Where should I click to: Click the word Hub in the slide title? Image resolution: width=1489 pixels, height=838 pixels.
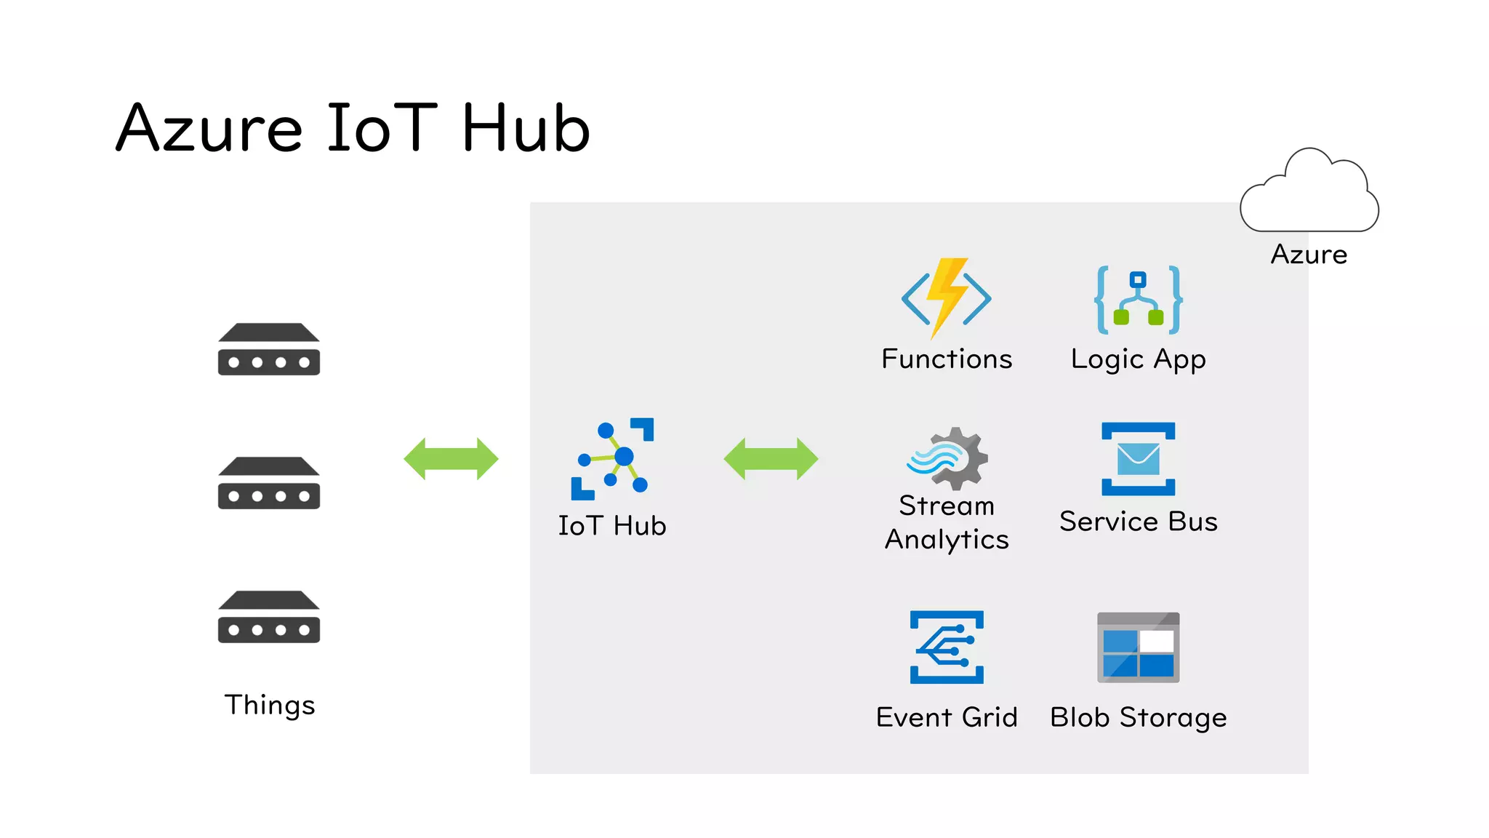525,129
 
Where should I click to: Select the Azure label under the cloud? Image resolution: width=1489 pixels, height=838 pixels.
1309,255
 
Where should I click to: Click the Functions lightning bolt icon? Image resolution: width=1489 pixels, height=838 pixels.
946,298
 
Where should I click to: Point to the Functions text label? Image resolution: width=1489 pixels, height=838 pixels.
946,359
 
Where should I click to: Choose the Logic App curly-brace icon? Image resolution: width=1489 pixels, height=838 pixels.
1138,300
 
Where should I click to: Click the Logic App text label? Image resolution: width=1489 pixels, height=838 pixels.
1138,359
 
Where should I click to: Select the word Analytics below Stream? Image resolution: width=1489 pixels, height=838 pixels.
947,540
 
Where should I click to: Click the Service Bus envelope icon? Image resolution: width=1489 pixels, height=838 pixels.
1138,458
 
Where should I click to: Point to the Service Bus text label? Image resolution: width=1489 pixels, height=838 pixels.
1138,522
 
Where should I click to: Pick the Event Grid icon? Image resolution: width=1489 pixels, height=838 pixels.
947,647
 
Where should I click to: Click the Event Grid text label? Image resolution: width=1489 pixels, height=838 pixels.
947,717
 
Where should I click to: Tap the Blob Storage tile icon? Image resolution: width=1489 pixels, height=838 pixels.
1138,647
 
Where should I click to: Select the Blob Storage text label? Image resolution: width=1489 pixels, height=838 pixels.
1138,717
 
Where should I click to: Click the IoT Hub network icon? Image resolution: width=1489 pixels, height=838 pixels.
612,459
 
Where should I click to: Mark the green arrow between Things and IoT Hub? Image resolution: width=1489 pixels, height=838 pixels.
451,459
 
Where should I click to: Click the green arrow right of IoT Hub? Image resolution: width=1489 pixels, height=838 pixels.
771,459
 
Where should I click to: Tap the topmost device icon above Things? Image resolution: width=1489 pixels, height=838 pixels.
268,349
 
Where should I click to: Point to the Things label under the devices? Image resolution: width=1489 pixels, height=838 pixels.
270,705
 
